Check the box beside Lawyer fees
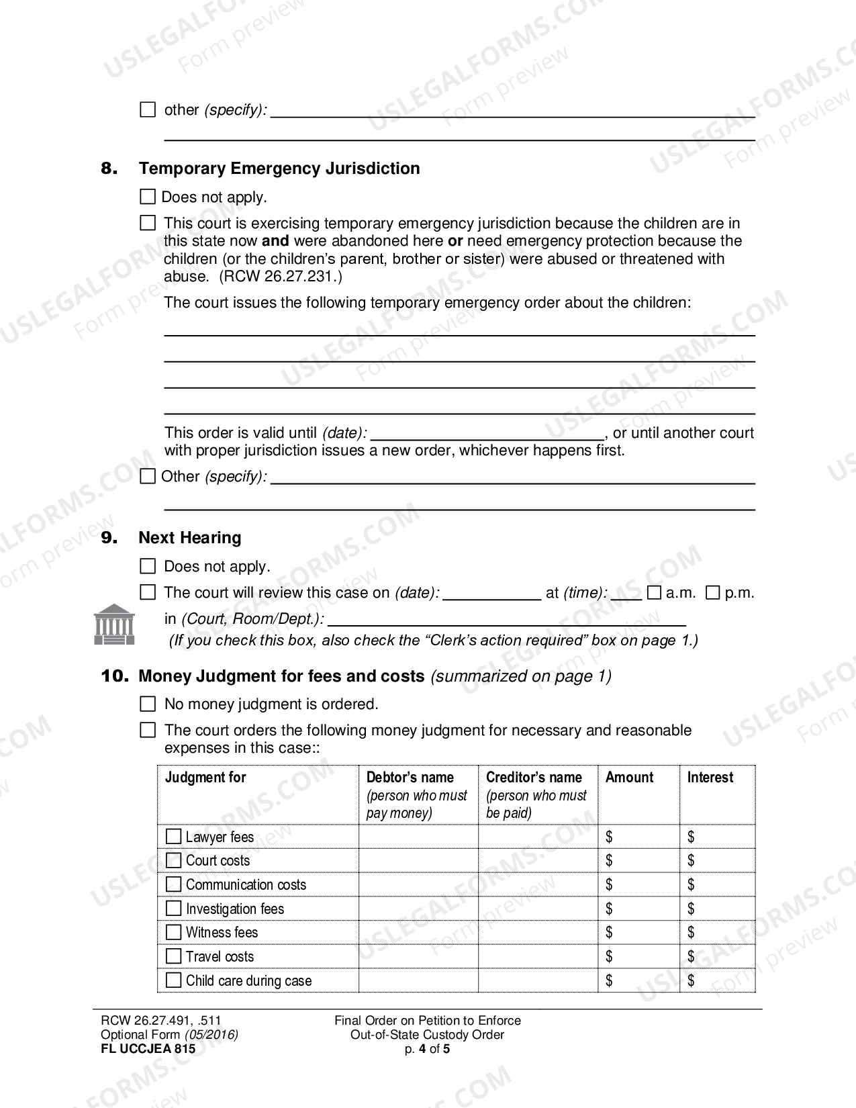point(173,837)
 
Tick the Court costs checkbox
point(173,860)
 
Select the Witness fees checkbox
point(173,932)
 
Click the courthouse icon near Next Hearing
point(113,624)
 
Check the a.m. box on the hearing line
point(654,593)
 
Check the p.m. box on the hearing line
point(713,593)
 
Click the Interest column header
point(710,778)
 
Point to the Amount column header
point(629,778)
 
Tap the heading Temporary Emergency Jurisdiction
point(279,169)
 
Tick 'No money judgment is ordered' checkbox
point(147,704)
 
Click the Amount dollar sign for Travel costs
point(609,956)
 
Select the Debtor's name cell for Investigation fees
point(418,909)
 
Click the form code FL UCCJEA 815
point(148,1049)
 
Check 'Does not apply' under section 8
point(147,197)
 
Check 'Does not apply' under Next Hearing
point(147,566)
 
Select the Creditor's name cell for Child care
point(538,980)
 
